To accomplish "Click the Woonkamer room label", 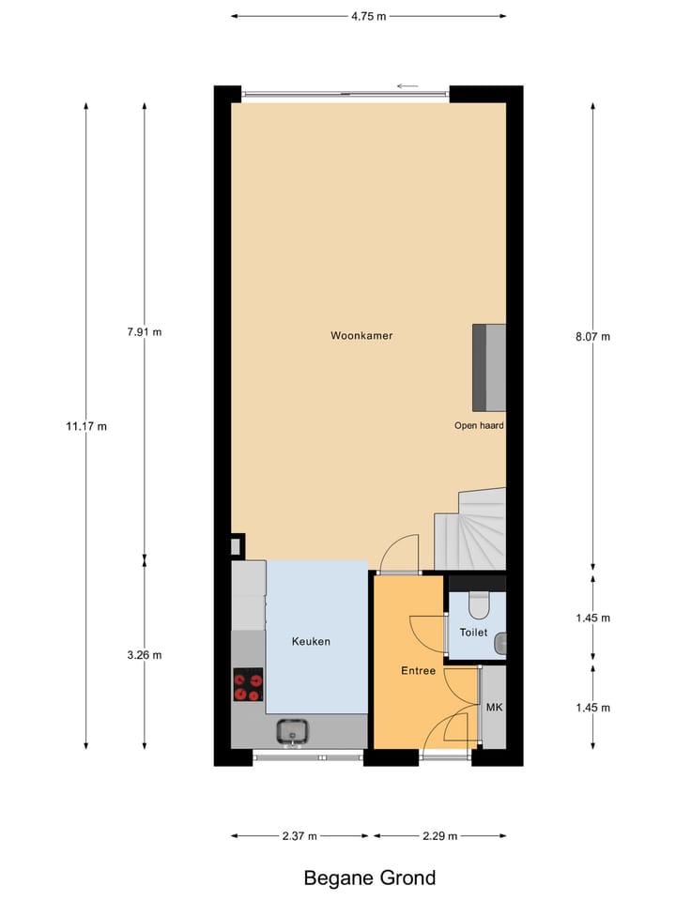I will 361,335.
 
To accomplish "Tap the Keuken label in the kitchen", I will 311,642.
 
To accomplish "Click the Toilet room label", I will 473,633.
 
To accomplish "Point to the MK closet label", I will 494,707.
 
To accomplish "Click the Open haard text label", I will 479,425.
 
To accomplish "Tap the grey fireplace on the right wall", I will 488,367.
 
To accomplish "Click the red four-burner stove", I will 248,684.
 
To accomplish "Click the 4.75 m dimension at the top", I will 368,16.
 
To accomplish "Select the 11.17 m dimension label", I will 86,426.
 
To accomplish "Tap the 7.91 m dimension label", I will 144,331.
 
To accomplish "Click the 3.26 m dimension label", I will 144,655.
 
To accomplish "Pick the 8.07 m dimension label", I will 592,336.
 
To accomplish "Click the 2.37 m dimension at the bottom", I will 300,835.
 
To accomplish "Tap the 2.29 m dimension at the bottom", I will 439,835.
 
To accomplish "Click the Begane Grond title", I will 369,878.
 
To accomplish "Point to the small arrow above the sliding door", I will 407,86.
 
